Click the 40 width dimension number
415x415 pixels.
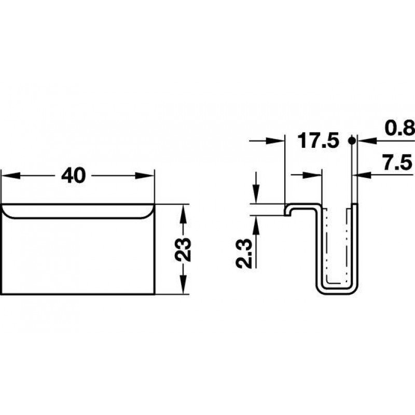(x=74, y=175)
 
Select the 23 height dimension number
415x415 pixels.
(x=183, y=250)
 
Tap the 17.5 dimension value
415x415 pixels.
(x=318, y=141)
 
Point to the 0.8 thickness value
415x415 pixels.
(x=399, y=128)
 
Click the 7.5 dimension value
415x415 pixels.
(x=397, y=162)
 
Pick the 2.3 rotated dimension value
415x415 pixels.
(x=243, y=254)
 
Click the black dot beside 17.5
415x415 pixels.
(x=352, y=141)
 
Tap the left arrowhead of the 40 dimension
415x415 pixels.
(x=10, y=175)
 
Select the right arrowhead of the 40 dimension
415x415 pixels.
(x=145, y=175)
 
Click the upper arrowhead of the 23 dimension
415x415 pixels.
(x=183, y=214)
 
